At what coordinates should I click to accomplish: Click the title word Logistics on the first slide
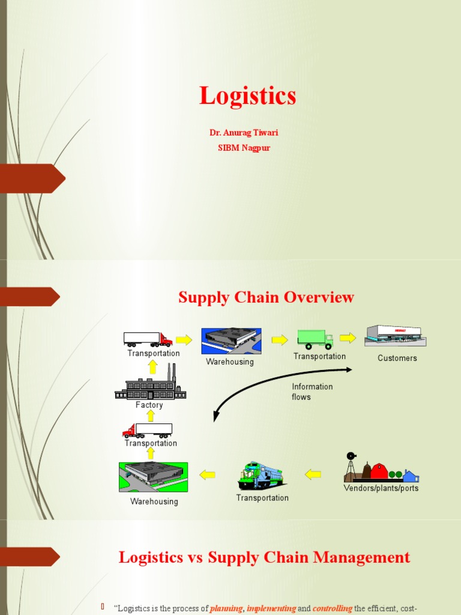tap(247, 96)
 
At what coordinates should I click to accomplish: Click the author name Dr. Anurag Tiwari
tap(244, 133)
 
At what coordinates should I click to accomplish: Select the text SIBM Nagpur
tap(244, 148)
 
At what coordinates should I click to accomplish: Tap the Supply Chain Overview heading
tap(266, 297)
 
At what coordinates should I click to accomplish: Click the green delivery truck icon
tap(315, 339)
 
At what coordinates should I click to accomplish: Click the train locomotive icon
tap(262, 476)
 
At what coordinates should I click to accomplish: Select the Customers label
tap(397, 359)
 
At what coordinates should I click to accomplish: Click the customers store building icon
tap(395, 335)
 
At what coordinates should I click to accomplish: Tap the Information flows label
tap(312, 392)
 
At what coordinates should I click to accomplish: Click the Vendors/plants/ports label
tap(381, 488)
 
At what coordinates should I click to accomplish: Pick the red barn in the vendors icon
tap(379, 471)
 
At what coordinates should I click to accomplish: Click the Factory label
tap(149, 405)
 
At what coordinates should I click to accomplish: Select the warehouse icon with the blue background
tap(231, 341)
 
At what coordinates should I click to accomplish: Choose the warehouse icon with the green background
tap(153, 477)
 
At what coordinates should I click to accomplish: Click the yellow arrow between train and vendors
tap(313, 474)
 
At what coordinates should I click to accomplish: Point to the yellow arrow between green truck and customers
tap(348, 338)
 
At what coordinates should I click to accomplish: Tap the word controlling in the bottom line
tap(332, 608)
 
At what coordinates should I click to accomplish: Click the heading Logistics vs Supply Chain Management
tap(264, 557)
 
